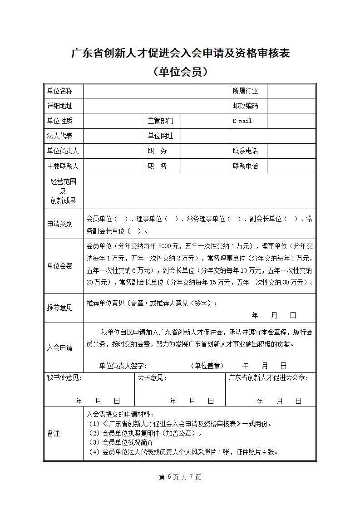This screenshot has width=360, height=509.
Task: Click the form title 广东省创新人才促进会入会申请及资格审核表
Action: (180, 54)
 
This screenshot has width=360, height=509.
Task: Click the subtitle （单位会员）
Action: (180, 72)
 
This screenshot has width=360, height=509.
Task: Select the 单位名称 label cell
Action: (59, 91)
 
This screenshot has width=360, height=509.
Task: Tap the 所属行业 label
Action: (245, 91)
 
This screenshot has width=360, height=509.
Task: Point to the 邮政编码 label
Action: (245, 106)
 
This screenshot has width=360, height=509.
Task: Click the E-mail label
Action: (242, 121)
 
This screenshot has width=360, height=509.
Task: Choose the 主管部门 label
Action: (160, 121)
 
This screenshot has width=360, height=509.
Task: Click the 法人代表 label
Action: (59, 136)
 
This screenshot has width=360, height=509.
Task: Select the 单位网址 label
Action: (160, 136)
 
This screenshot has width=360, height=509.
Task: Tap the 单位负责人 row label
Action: (63, 151)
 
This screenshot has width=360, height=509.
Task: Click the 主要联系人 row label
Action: (63, 166)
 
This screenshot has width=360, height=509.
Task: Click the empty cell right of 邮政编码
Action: (291, 106)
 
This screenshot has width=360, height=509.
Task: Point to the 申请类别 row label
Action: (59, 225)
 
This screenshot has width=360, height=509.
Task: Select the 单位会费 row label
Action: (59, 266)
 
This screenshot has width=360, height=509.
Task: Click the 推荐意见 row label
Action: (59, 308)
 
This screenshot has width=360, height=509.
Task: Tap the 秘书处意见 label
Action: (64, 377)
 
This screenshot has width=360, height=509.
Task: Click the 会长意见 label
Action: (152, 377)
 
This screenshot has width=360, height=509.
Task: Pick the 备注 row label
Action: (53, 434)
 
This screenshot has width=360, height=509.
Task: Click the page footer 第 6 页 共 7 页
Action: (180, 477)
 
